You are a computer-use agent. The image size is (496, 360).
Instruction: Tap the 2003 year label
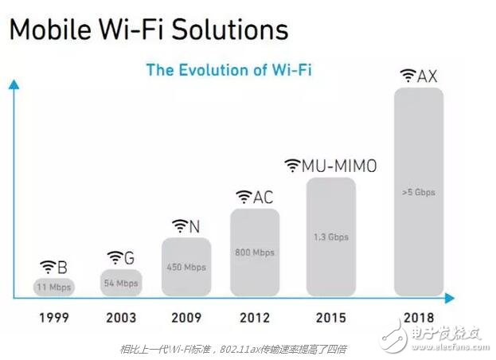(x=122, y=317)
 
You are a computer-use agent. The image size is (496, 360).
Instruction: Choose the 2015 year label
(x=330, y=317)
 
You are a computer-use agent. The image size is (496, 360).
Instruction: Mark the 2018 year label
(x=419, y=317)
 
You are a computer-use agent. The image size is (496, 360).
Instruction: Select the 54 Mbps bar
(x=121, y=281)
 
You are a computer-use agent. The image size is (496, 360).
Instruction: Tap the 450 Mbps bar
(x=187, y=266)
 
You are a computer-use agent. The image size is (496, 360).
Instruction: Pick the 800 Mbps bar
(x=255, y=252)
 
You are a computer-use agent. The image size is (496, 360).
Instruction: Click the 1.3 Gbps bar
(x=330, y=236)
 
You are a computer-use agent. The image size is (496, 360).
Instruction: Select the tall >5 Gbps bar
(x=419, y=191)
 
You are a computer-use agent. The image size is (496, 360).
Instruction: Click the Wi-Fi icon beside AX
(x=408, y=76)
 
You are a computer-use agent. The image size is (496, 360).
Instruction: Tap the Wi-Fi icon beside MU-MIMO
(x=292, y=165)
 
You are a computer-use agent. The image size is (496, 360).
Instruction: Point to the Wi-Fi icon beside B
(x=48, y=265)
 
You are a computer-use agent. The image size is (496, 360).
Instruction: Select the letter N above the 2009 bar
(x=194, y=225)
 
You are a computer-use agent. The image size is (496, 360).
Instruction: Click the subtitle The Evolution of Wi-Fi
(x=229, y=69)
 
